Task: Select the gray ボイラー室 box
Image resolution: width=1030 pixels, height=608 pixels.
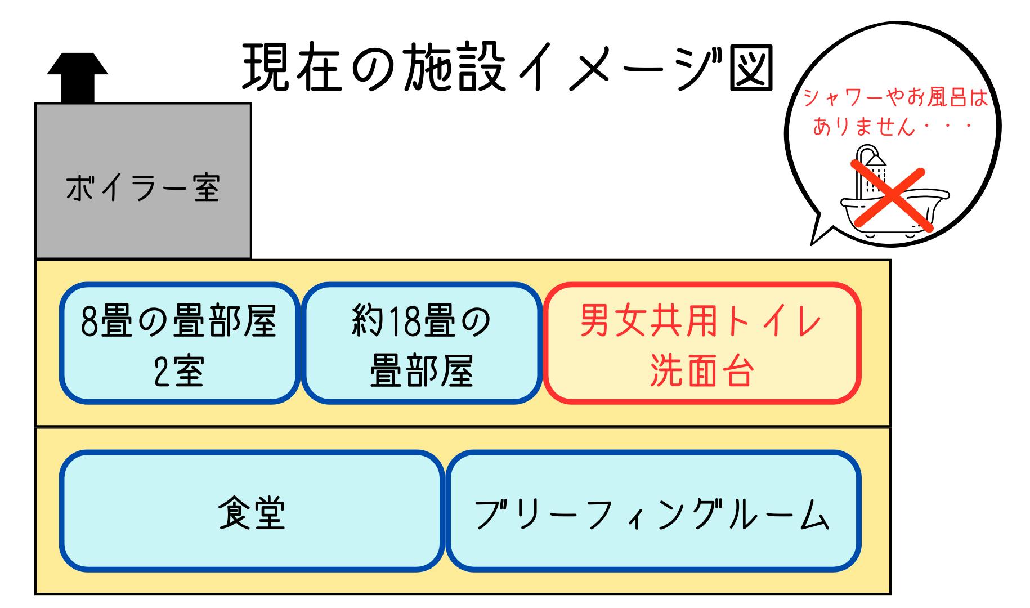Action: point(143,180)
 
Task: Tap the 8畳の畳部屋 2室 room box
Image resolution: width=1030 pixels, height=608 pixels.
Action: point(180,343)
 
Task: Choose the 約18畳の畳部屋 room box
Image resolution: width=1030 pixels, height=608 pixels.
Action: point(421,343)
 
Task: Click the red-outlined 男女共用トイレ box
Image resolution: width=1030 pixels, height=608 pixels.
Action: point(702,343)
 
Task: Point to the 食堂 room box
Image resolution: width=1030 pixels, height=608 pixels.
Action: point(251,511)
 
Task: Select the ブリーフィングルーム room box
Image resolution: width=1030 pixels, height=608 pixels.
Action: point(653,511)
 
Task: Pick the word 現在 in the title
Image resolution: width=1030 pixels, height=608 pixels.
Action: point(292,72)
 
